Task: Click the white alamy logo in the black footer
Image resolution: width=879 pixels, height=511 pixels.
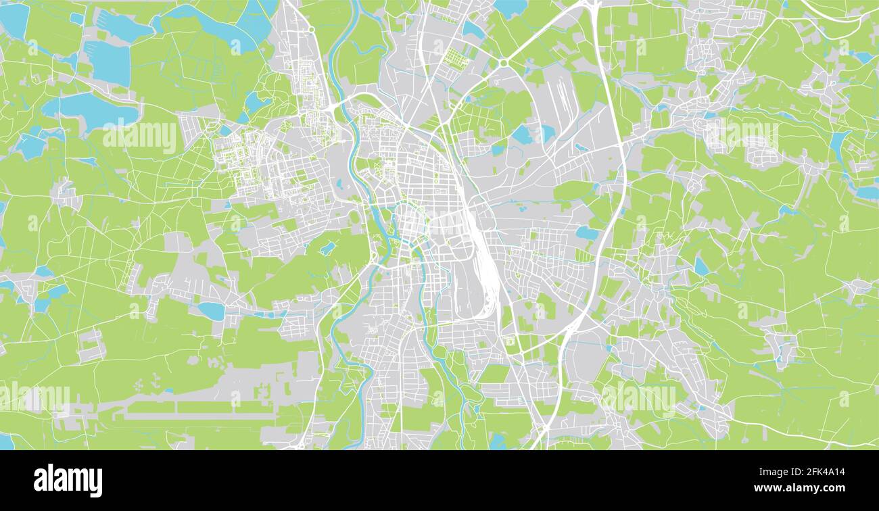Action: (68, 480)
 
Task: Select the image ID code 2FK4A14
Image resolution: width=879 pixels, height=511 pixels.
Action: (821, 473)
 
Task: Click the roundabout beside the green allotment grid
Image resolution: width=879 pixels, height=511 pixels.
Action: (504, 64)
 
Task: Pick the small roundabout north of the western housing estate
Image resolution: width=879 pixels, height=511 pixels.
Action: (311, 30)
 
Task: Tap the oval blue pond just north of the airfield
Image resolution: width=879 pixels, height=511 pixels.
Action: (211, 311)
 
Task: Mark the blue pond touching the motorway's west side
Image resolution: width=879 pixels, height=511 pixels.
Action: (587, 233)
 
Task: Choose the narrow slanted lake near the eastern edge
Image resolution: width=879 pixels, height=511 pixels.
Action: (839, 145)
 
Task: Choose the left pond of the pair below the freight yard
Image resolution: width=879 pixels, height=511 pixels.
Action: (521, 135)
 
